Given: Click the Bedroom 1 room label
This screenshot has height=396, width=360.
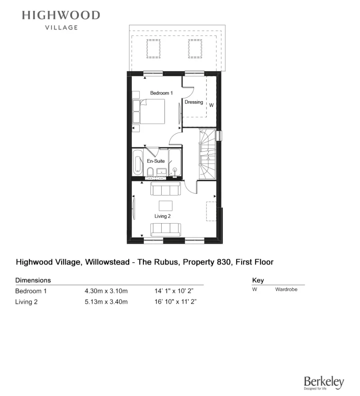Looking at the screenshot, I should (161, 93).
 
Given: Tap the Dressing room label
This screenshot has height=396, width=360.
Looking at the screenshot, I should (194, 102).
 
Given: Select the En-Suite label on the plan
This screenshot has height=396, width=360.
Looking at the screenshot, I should (156, 161).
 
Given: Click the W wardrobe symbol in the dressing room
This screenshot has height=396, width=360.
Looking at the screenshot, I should (212, 105).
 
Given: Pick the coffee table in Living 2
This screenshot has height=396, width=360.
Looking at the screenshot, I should (166, 205).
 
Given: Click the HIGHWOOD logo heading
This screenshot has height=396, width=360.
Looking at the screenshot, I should (61, 16).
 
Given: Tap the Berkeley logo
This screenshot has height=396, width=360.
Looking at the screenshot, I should (324, 382).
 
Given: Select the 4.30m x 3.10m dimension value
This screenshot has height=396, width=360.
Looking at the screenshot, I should (106, 291).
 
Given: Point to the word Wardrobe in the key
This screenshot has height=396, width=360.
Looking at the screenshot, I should (286, 289).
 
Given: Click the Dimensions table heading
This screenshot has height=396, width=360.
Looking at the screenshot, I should (33, 280).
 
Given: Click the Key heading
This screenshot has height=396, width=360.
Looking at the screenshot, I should (258, 280).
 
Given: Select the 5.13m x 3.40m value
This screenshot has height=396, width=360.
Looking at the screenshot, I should (106, 302).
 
